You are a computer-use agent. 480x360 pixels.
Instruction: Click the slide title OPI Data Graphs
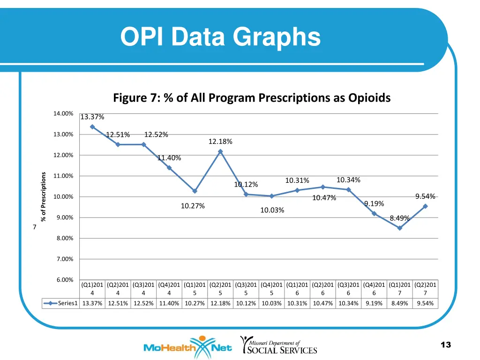(220, 37)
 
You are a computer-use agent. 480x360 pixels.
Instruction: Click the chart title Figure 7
(252, 97)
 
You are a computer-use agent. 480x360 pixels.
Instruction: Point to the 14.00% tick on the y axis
(63, 113)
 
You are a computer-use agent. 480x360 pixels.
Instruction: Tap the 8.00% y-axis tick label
(63, 238)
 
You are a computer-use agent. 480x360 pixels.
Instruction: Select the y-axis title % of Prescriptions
(43, 196)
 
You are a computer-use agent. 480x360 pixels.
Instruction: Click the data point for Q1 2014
(92, 127)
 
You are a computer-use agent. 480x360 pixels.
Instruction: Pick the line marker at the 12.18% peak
(220, 151)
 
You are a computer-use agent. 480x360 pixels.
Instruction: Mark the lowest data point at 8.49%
(400, 228)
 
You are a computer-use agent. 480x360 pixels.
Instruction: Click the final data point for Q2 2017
(425, 206)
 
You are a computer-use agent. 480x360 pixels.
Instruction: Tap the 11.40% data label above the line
(169, 158)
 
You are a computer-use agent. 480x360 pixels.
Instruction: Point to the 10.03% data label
(272, 210)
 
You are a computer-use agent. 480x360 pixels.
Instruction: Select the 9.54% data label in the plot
(425, 196)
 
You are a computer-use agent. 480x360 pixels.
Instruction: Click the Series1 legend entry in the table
(61, 303)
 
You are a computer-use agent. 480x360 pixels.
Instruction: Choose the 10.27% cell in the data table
(195, 303)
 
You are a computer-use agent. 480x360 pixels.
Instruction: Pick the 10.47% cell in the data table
(322, 303)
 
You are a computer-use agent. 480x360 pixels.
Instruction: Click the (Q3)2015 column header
(246, 289)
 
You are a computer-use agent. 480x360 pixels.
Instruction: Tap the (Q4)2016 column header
(374, 289)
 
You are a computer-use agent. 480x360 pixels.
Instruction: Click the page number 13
(445, 345)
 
